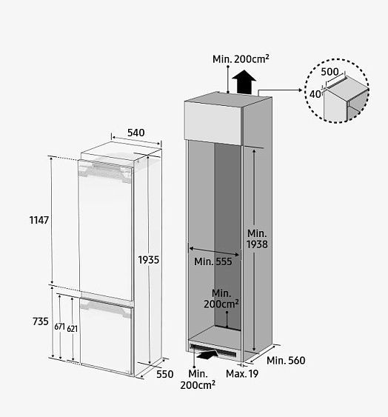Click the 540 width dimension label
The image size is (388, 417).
click(x=136, y=133)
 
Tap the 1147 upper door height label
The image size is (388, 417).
click(x=39, y=220)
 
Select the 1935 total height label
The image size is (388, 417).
click(x=148, y=260)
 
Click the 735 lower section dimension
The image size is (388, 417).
click(x=41, y=321)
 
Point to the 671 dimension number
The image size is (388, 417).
click(x=59, y=327)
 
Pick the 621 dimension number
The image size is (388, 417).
click(x=72, y=329)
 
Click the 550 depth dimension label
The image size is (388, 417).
click(x=165, y=374)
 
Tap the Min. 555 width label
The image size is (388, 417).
click(x=213, y=261)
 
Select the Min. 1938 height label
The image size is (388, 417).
click(x=257, y=238)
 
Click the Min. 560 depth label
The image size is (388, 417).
click(x=286, y=361)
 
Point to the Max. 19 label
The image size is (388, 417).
click(x=242, y=374)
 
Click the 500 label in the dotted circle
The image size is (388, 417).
click(x=330, y=72)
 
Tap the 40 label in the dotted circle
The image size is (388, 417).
click(x=315, y=94)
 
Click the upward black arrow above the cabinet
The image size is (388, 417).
click(x=244, y=82)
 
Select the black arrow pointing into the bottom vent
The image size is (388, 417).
click(x=207, y=355)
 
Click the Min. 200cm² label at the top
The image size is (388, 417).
click(x=241, y=59)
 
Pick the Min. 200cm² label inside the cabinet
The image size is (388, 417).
click(x=221, y=298)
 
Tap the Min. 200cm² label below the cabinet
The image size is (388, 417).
click(x=198, y=379)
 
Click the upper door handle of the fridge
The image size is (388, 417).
click(x=106, y=172)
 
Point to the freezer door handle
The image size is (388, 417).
click(x=107, y=307)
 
